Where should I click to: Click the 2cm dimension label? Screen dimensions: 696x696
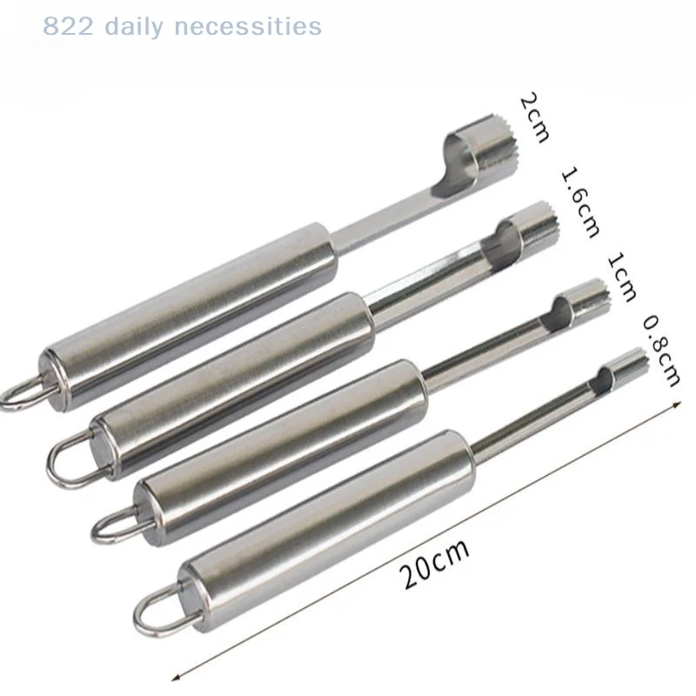tap(534, 117)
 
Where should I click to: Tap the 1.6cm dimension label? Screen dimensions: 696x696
tap(580, 203)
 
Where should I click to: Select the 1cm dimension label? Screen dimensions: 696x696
tap(621, 278)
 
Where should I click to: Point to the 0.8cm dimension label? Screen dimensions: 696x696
tap(661, 351)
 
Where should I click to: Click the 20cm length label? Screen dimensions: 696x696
tap(433, 564)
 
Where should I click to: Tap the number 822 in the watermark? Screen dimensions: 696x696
tap(69, 26)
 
